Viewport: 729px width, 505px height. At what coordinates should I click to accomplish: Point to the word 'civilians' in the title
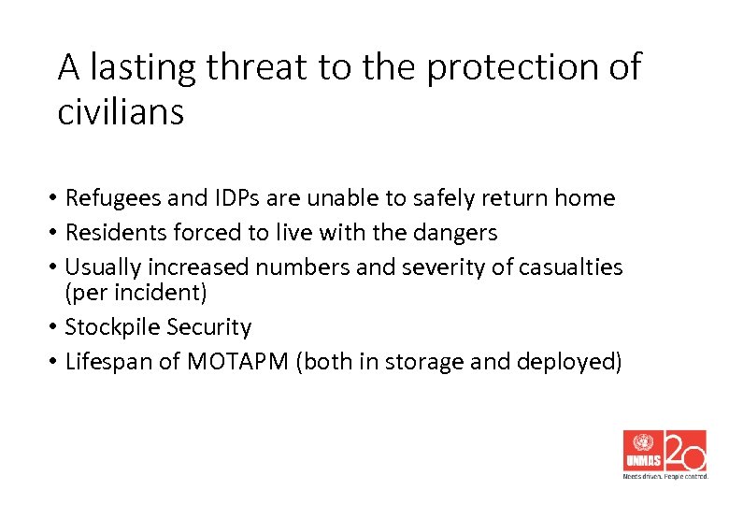(x=121, y=112)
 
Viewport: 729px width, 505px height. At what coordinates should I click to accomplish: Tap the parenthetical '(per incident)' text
(x=136, y=292)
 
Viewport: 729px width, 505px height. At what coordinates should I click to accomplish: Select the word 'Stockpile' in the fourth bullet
(x=112, y=327)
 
